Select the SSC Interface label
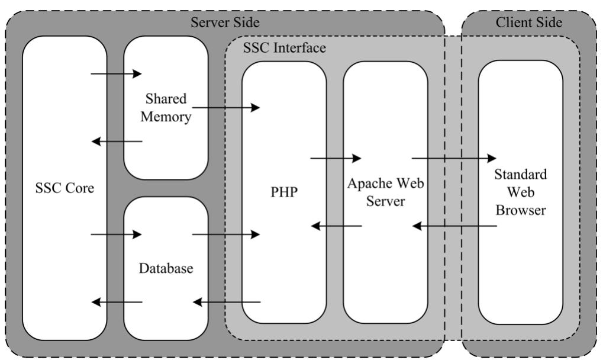point(285,48)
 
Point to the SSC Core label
point(65,189)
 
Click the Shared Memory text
point(166,108)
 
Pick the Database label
point(166,268)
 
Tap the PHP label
point(284,193)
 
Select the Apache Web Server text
point(385,192)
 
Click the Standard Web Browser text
point(521,192)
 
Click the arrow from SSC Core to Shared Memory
point(117,74)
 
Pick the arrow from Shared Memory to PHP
point(226,108)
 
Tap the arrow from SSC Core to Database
point(117,234)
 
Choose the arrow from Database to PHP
point(226,234)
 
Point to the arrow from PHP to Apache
point(336,158)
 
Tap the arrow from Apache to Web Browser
point(454,158)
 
